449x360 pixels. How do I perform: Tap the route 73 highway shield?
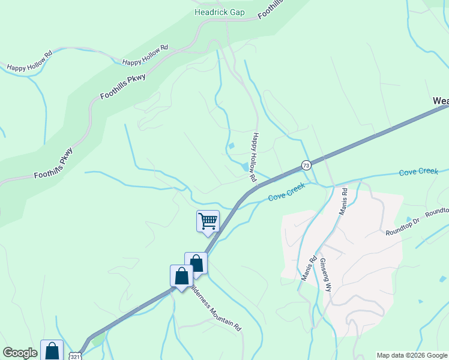(x=306, y=165)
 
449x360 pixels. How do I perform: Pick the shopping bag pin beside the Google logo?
(x=52, y=350)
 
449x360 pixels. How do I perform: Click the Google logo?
(x=20, y=353)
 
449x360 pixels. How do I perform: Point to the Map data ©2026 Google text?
(x=412, y=355)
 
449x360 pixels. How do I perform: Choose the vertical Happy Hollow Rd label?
(x=255, y=157)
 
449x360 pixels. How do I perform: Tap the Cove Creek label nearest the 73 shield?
(x=286, y=191)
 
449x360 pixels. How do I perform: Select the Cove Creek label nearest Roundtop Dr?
(x=418, y=172)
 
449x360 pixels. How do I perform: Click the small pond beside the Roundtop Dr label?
(x=409, y=220)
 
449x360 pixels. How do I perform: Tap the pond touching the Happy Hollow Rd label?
(x=246, y=166)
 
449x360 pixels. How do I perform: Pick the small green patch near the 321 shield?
(x=98, y=340)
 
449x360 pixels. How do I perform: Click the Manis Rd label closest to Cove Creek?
(x=343, y=202)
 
